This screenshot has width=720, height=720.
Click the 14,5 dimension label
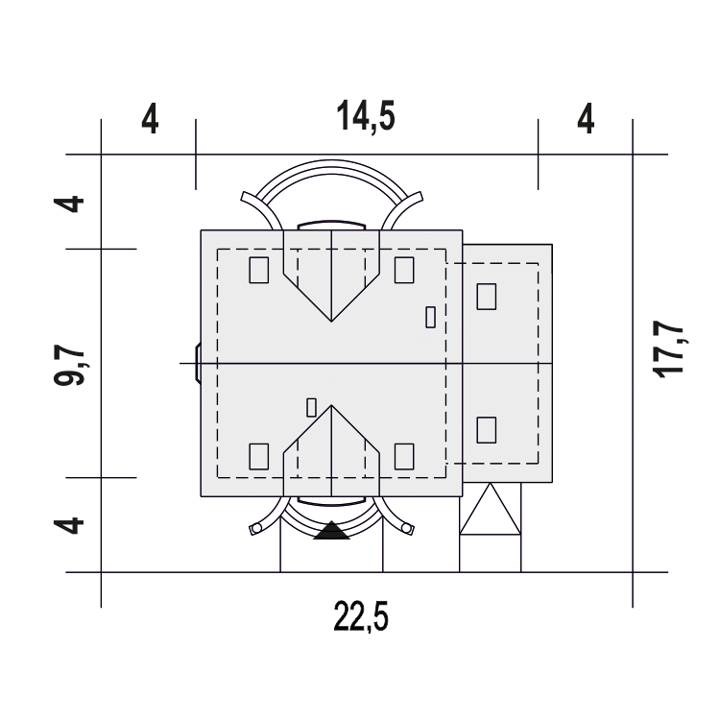point(366,116)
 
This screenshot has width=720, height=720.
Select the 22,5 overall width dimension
point(361,616)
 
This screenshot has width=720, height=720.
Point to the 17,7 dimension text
point(668,349)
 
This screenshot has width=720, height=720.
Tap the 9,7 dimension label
point(69,367)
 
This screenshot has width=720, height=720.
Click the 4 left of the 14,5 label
point(150,118)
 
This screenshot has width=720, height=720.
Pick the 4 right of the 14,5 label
point(586,118)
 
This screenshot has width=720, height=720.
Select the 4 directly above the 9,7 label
point(69,204)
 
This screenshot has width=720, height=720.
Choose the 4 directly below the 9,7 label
point(69,525)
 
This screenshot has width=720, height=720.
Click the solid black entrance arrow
point(331,530)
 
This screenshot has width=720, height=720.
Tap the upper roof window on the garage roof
point(487,297)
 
